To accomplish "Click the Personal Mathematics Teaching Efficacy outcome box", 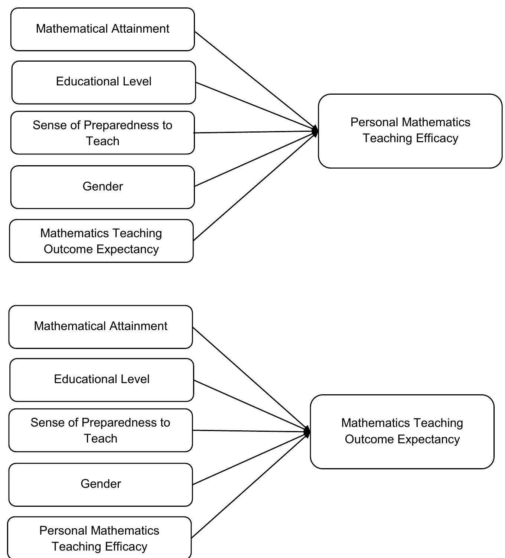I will [x=410, y=131].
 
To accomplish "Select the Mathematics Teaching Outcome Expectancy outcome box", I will [x=402, y=431].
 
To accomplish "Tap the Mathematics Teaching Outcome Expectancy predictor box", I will [x=101, y=241].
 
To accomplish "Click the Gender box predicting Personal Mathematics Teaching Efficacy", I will [x=102, y=187].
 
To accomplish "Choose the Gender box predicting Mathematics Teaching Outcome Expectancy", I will [x=101, y=484].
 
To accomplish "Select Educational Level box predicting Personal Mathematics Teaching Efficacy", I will [x=104, y=82].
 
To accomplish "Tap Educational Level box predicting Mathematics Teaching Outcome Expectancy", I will [x=102, y=379].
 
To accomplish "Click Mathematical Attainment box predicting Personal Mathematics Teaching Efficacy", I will [x=102, y=29].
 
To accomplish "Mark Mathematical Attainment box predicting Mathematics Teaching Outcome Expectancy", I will [x=101, y=327].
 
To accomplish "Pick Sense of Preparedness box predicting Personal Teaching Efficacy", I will [x=102, y=133].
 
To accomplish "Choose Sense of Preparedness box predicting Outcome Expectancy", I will [x=101, y=430].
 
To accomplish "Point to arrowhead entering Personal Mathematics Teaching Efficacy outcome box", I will [x=315, y=131].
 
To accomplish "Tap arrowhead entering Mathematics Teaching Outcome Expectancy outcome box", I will [x=307, y=432].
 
